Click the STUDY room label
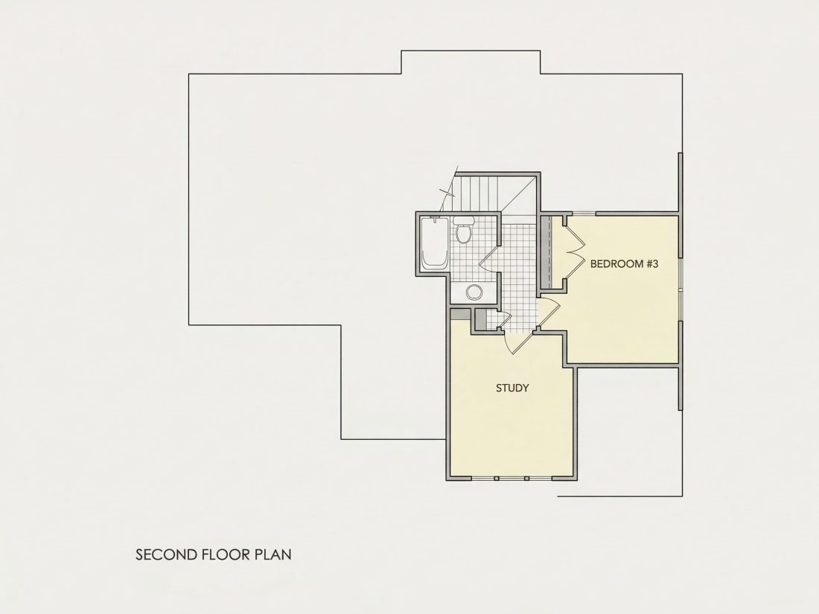coord(512,388)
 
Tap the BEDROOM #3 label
coord(624,263)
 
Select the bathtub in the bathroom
coord(435,243)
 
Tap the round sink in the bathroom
coord(474,292)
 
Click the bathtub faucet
coord(435,219)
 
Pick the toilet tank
coord(463,220)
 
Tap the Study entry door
coord(517,342)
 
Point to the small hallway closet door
coord(504,319)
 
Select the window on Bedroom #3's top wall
coord(582,213)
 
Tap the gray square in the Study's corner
coord(460,314)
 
